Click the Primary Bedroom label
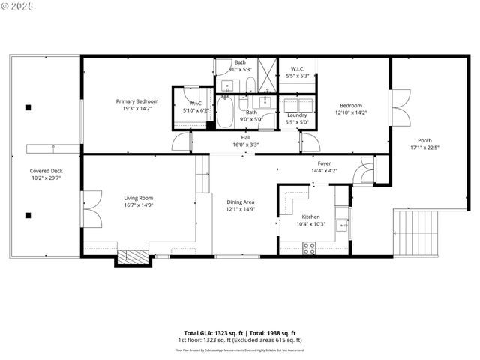click(x=136, y=100)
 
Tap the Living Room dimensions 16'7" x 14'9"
click(x=138, y=205)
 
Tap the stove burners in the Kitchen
click(x=308, y=248)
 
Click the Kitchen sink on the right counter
click(x=341, y=224)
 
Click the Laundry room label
click(x=297, y=115)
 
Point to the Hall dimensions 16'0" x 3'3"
click(x=245, y=144)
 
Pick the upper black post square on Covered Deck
click(x=28, y=107)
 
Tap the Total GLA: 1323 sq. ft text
click(x=211, y=332)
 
